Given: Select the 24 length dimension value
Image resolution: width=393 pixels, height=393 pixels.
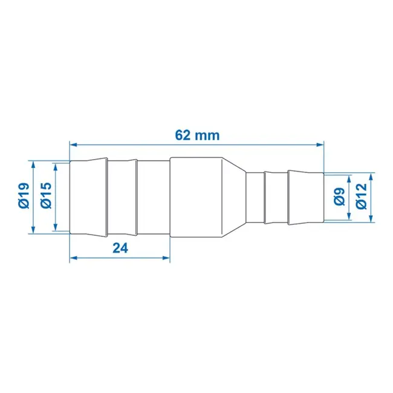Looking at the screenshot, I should (121, 247).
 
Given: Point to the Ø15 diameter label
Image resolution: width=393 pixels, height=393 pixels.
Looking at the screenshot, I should (45, 197).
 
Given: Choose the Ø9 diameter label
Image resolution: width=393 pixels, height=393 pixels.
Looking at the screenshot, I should (339, 197).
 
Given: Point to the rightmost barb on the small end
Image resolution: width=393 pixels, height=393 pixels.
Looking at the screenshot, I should (305, 197).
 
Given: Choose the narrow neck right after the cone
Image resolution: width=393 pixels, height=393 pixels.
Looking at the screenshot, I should (255, 197).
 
